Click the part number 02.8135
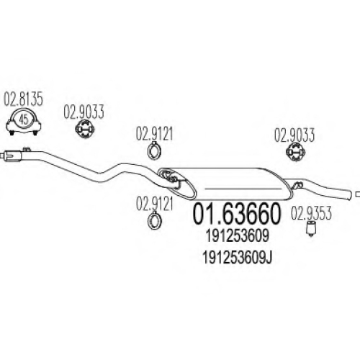point(23,99)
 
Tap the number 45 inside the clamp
point(24,120)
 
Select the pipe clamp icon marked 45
point(24,122)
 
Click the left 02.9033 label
point(84,112)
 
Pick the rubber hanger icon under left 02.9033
point(84,130)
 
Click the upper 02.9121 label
point(154,133)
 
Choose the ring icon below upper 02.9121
point(154,150)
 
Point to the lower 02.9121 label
point(154,204)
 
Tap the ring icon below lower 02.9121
point(154,220)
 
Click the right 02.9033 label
point(294,135)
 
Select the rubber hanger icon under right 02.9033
point(295,152)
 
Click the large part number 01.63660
point(237,213)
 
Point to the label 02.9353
point(311,213)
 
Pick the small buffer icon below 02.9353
point(311,229)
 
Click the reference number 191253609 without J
point(237,236)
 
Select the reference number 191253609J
point(237,258)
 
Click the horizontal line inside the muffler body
point(243,189)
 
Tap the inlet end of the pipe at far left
point(2,156)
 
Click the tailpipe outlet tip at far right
point(358,194)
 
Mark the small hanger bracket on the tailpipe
point(298,185)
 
